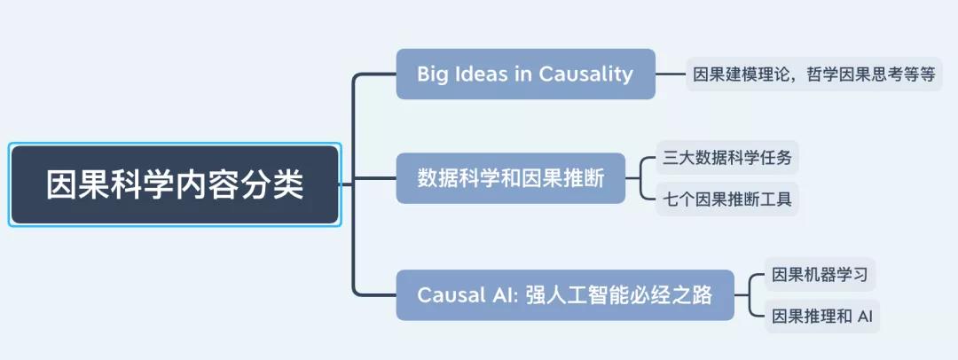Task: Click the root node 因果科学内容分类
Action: pos(175,184)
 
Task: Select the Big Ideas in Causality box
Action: pos(525,74)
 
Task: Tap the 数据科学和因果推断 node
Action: pos(511,178)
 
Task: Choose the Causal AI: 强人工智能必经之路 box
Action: pos(565,295)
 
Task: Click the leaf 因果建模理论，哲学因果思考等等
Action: pos(813,74)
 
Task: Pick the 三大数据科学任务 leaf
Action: pos(727,158)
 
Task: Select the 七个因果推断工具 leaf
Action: pos(727,200)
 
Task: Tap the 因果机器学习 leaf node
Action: pos(820,274)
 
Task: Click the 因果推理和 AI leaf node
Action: pos(821,316)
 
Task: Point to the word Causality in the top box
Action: pos(585,74)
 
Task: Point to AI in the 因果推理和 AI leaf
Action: pos(865,317)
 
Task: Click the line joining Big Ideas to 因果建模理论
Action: pos(671,74)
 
